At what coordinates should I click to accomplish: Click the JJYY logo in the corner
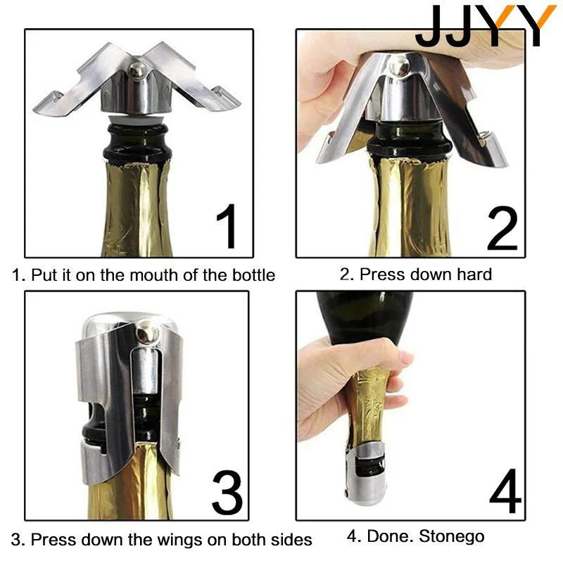(485, 26)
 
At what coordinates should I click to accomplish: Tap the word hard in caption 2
(473, 274)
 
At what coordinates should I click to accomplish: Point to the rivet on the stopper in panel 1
(139, 70)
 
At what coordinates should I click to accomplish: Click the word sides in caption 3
(290, 540)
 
